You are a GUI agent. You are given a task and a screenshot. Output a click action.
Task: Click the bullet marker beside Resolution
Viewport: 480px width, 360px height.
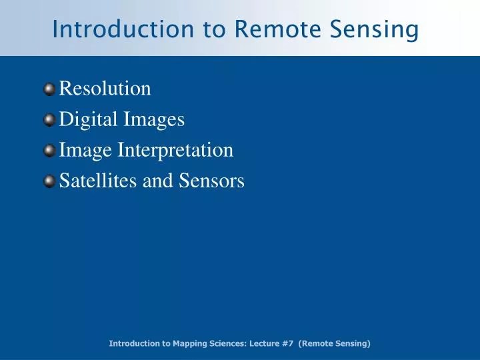click(51, 89)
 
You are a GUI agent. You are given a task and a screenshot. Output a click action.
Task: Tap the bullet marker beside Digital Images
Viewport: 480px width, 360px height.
click(51, 120)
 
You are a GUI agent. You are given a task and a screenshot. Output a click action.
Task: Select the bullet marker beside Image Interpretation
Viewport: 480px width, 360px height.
click(51, 151)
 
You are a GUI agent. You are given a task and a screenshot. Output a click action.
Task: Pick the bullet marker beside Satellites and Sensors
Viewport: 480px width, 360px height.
click(51, 181)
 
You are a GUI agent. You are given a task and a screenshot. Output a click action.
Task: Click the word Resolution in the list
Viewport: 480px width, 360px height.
click(105, 88)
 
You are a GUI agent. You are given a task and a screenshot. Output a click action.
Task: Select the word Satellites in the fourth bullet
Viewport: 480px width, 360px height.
click(98, 181)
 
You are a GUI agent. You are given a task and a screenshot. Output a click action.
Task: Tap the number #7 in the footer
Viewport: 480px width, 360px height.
click(287, 343)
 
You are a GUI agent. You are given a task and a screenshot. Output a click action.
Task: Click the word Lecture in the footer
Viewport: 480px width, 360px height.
click(263, 343)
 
